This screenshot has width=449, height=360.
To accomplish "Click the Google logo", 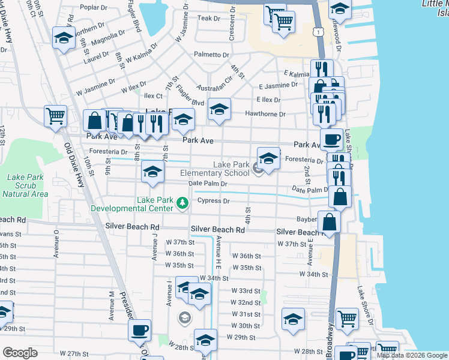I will (20, 353).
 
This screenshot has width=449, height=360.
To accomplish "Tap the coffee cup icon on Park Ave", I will (331, 140).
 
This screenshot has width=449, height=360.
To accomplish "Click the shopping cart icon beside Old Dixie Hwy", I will (55, 116).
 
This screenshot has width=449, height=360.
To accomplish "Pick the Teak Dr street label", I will (209, 19).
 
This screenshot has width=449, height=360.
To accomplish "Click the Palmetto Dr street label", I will (211, 55).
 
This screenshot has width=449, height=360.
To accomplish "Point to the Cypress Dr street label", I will (214, 201).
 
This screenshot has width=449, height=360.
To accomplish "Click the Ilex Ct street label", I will (151, 96).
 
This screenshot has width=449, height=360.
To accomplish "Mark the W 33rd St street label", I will (246, 290).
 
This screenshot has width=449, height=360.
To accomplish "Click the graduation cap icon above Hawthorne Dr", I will (219, 110).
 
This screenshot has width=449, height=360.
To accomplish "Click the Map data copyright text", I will (412, 355).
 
